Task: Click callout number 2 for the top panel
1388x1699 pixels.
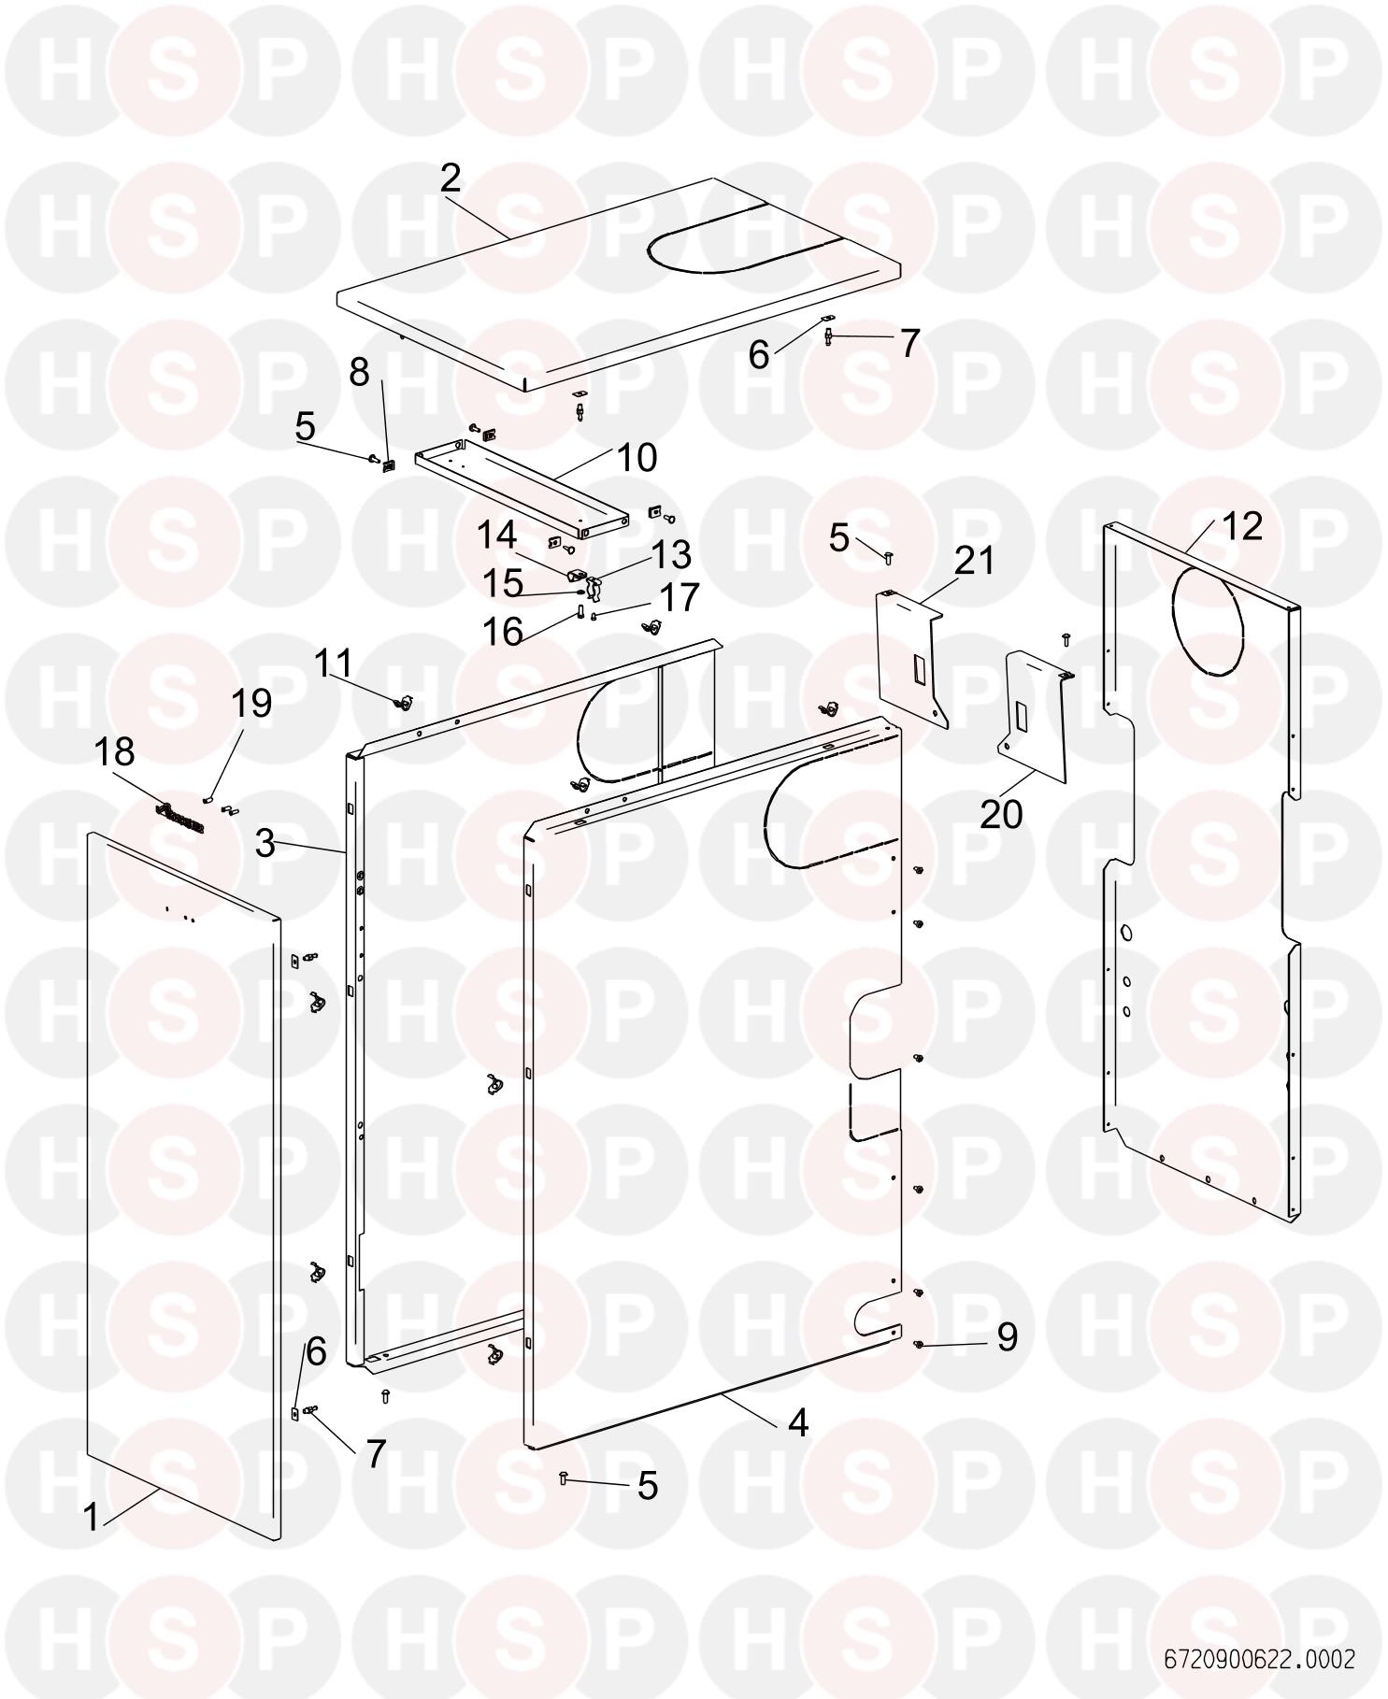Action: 451,178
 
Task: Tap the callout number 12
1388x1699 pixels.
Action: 1242,526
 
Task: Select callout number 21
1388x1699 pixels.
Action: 975,561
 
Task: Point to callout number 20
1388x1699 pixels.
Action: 1001,814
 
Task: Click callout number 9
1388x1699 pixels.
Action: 1007,1337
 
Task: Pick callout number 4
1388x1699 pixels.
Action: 797,1422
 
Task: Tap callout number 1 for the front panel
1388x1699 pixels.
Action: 91,1517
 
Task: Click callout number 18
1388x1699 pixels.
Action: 115,751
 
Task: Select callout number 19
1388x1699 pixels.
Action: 251,703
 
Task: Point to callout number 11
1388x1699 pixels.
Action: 333,664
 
